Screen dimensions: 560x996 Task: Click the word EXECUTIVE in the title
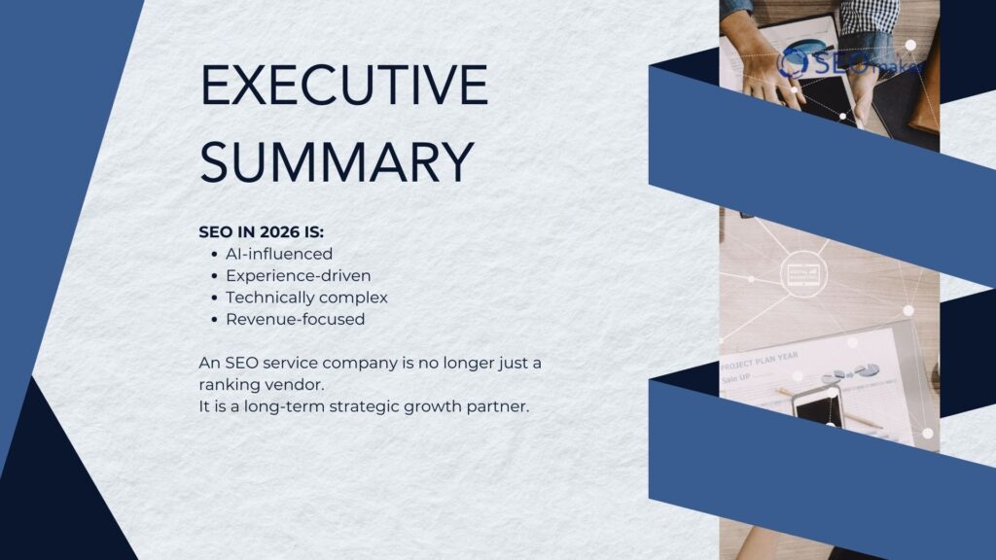(343, 86)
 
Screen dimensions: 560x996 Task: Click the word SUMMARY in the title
(337, 161)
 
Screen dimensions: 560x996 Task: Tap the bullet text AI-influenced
(279, 254)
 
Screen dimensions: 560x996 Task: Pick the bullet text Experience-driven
(298, 275)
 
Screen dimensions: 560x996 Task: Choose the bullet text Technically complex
(306, 297)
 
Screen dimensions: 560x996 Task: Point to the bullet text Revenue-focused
(295, 319)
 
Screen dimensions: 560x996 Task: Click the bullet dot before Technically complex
(213, 297)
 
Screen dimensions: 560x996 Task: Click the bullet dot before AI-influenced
(213, 255)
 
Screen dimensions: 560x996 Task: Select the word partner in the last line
(498, 405)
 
